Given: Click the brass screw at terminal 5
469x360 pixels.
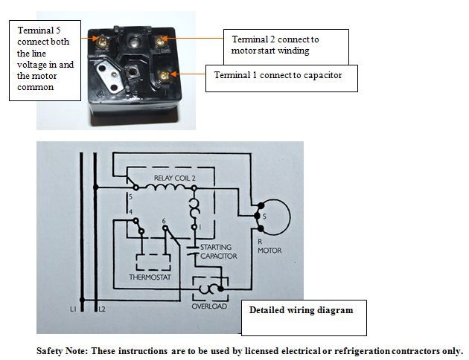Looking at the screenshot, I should click(x=99, y=35).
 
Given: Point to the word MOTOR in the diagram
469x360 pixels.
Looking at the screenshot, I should click(x=269, y=251).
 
